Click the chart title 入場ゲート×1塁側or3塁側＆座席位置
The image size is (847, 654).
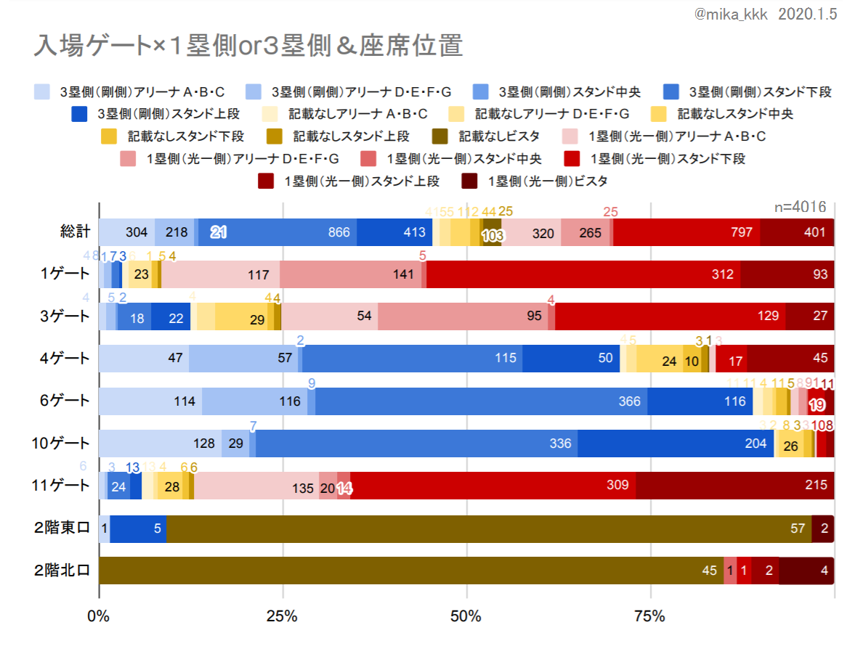[248, 46]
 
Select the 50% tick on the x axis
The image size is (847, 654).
[466, 617]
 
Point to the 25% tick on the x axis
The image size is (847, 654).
[282, 617]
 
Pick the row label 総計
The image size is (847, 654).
[75, 232]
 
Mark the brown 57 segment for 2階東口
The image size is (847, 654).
[489, 528]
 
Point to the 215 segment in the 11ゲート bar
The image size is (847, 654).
[734, 485]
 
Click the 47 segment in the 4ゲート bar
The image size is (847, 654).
[144, 359]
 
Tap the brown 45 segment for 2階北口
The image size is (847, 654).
[410, 570]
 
